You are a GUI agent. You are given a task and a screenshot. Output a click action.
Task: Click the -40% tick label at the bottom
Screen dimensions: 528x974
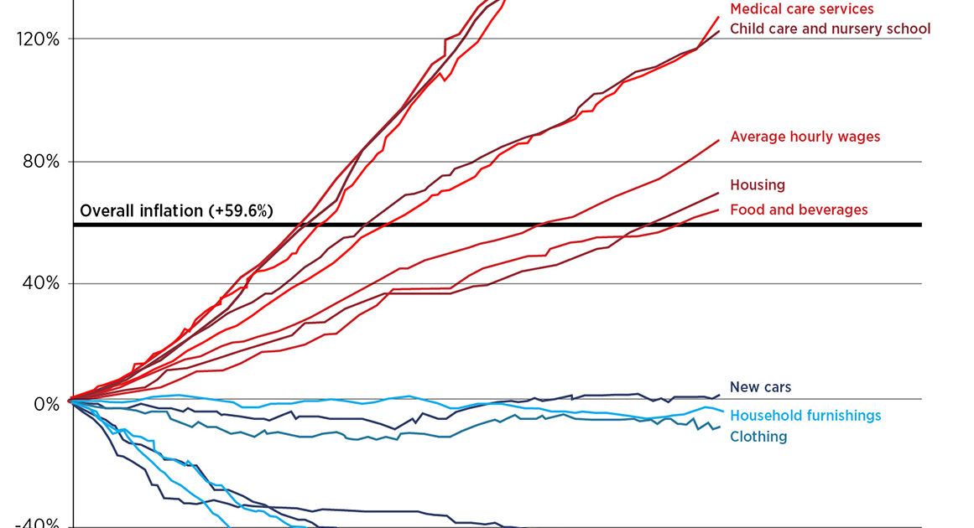coord(38,523)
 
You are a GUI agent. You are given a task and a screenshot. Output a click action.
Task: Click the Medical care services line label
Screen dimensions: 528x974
coord(801,9)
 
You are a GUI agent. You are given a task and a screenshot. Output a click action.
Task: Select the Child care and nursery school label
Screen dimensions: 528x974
coord(830,29)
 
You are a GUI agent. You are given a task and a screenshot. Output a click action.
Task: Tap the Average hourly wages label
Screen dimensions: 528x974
coord(805,137)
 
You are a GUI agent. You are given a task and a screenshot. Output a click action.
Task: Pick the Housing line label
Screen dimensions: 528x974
coord(757,185)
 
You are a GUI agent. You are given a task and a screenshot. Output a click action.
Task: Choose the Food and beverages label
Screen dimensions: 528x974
coord(799,210)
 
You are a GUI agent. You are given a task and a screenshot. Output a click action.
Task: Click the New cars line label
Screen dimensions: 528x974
coord(760,387)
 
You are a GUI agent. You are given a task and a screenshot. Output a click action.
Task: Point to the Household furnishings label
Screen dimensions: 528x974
coord(805,416)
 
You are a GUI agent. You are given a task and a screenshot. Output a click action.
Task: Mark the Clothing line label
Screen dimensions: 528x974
coord(758,437)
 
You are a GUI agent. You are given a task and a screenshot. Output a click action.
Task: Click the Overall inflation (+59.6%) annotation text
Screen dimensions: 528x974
coord(176,211)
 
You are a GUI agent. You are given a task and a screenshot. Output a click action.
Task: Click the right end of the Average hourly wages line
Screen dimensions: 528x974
coord(719,140)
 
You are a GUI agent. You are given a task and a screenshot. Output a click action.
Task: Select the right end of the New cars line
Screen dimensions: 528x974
coord(719,394)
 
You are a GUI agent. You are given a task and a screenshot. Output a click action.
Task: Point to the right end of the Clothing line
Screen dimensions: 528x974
coord(719,427)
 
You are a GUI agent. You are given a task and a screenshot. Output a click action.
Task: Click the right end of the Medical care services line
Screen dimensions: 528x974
coord(719,16)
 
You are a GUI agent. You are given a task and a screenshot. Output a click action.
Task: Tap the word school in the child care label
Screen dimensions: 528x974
coord(909,29)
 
